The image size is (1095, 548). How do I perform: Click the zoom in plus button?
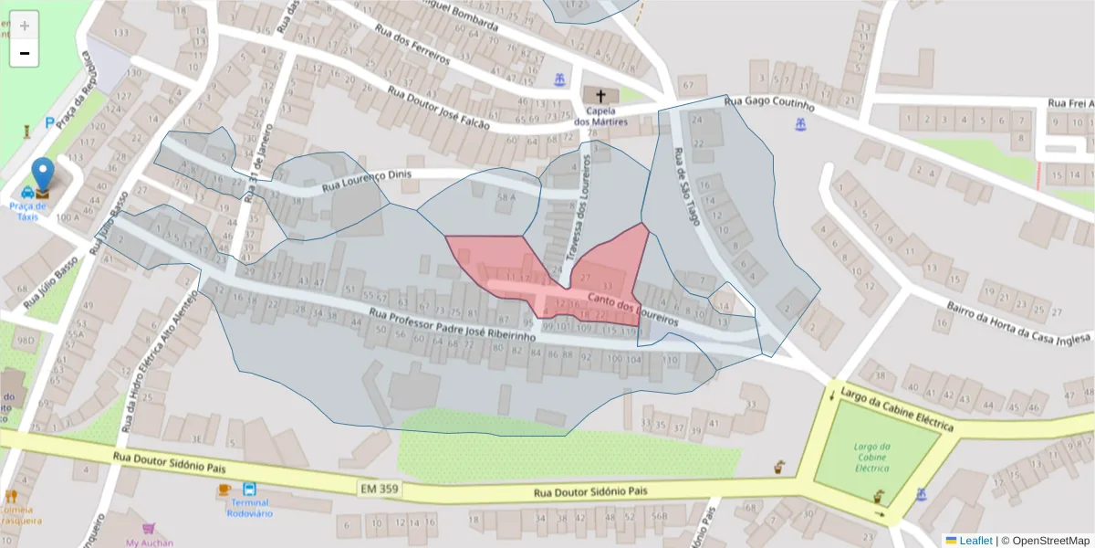coord(25,26)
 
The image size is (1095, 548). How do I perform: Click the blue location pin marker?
coord(43,176)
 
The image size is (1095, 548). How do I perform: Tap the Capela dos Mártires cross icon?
coord(600,97)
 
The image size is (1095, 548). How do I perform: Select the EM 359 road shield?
coord(378,490)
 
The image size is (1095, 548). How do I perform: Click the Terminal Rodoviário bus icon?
coord(249,489)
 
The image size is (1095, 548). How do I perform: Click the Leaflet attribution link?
coord(975,541)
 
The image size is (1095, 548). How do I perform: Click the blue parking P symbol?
coord(49,122)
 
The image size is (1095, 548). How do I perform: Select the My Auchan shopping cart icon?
coord(149,528)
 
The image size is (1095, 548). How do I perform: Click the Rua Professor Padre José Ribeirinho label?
coord(453,326)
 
